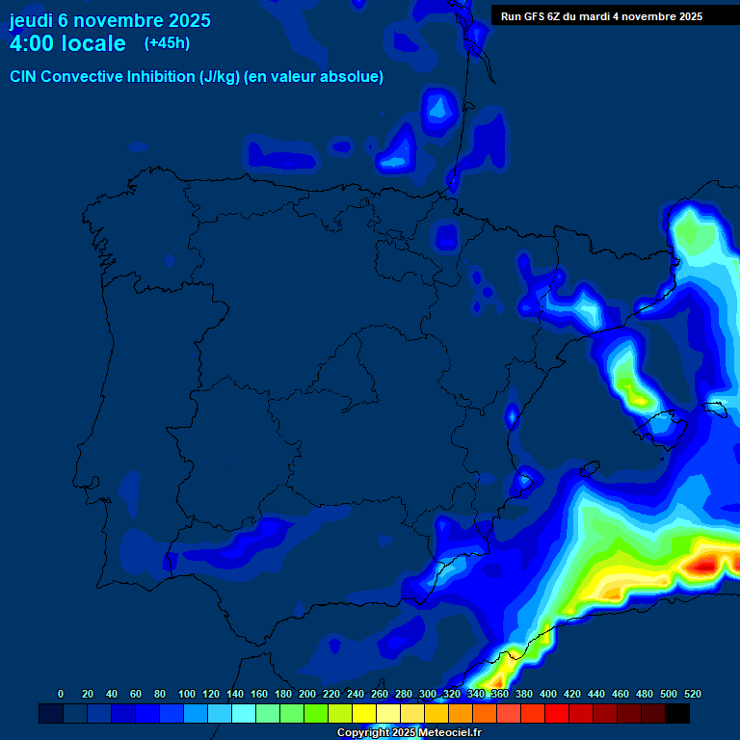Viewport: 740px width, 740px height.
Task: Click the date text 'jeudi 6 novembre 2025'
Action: coord(110,20)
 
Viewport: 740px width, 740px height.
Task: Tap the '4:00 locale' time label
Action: coord(67,43)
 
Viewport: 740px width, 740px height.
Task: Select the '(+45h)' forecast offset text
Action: coord(167,42)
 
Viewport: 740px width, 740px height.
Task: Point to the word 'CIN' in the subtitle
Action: coord(24,77)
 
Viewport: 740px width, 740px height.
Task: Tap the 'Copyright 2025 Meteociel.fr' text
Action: coord(409,733)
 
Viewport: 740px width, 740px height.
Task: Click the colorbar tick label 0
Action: coord(61,694)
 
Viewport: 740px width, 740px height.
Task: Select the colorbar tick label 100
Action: coord(187,694)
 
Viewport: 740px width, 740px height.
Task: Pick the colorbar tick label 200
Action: coord(307,694)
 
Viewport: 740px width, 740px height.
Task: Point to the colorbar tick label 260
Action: coord(380,694)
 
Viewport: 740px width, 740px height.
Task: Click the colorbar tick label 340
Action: coord(476,694)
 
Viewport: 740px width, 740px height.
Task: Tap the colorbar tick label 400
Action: coord(548,694)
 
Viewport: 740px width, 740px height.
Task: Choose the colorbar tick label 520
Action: coord(692,694)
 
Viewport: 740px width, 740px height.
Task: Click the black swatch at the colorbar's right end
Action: coord(677,713)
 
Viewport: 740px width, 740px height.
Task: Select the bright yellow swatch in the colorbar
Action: coord(364,713)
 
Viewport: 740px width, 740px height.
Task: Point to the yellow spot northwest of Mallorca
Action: coord(637,394)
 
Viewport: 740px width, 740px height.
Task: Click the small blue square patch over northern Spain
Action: coord(446,236)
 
